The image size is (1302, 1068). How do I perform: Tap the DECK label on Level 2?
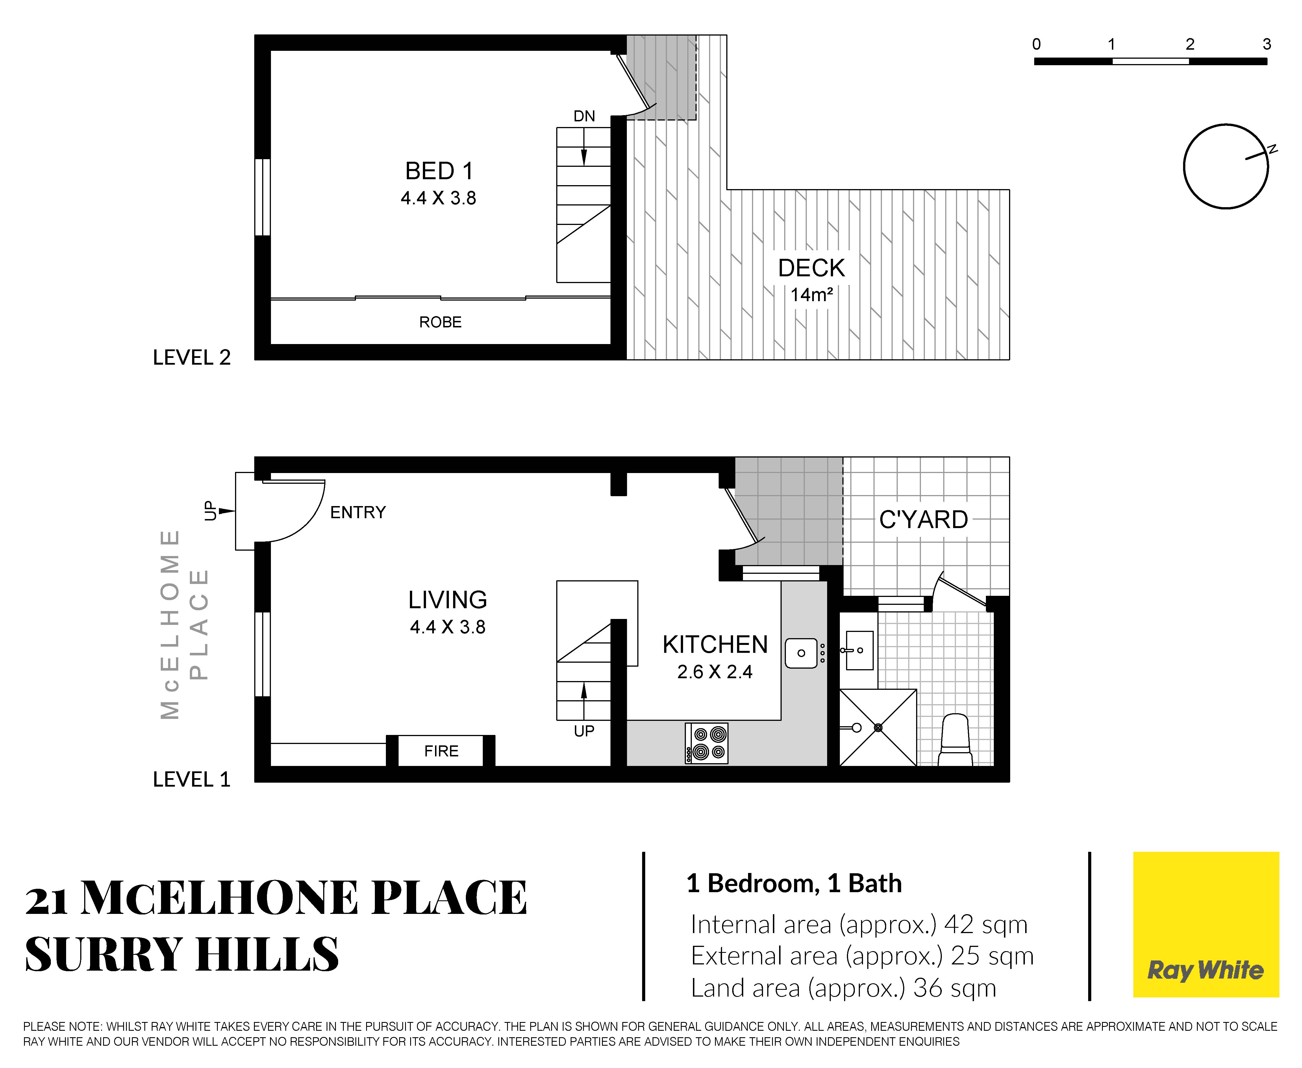pyautogui.click(x=811, y=268)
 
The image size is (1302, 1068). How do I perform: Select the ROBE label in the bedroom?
pyautogui.click(x=440, y=322)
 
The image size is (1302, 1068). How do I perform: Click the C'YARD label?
pyautogui.click(x=923, y=520)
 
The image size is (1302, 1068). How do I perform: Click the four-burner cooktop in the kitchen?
pyautogui.click(x=707, y=743)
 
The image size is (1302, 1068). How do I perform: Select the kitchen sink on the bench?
pyautogui.click(x=801, y=653)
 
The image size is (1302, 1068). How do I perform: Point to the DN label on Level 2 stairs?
pyautogui.click(x=584, y=116)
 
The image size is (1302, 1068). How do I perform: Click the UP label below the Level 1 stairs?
pyautogui.click(x=584, y=731)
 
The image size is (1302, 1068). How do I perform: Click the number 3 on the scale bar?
pyautogui.click(x=1266, y=44)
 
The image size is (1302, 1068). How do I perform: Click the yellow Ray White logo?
pyautogui.click(x=1206, y=925)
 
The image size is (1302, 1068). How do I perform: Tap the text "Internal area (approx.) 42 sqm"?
pyautogui.click(x=859, y=925)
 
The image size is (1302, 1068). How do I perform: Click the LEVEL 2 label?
pyautogui.click(x=192, y=357)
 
